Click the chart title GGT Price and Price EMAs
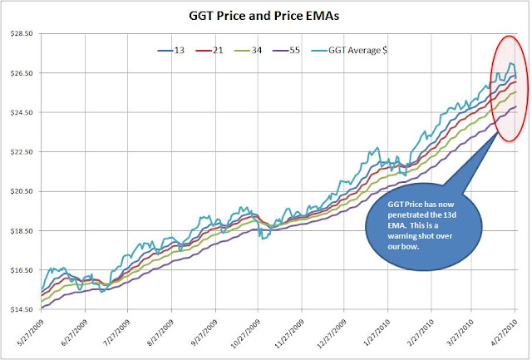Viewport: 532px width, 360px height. point(264,16)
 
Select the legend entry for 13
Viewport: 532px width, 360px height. point(171,51)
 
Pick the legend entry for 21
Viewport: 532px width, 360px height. point(209,51)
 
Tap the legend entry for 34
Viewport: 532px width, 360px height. point(248,51)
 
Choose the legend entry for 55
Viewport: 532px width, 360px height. point(286,51)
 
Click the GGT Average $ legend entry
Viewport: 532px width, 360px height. point(349,51)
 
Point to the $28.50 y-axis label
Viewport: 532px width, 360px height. point(22,33)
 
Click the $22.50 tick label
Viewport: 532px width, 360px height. point(22,152)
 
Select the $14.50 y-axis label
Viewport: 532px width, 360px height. point(22,309)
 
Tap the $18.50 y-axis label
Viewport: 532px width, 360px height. point(22,231)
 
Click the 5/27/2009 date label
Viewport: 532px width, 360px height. point(31,333)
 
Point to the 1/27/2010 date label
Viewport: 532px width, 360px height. point(377,333)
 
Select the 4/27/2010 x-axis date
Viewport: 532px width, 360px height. point(503,333)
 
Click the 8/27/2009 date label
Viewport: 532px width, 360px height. point(160,333)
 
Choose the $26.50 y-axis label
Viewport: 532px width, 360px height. point(22,73)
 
